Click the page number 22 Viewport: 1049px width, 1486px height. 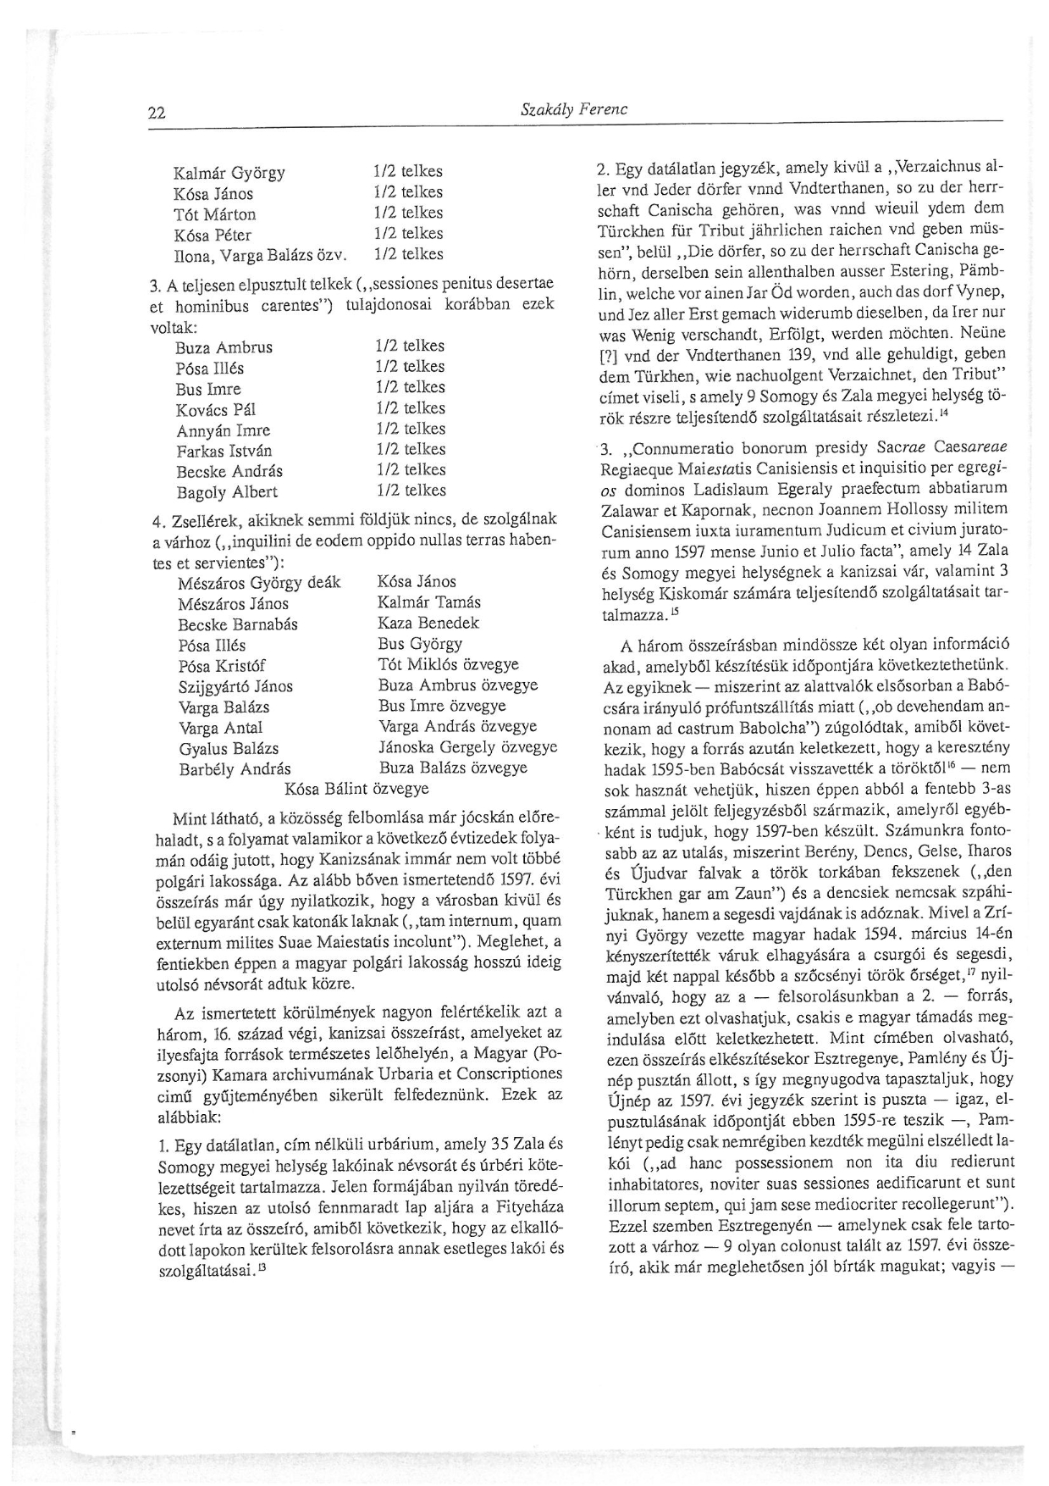(156, 113)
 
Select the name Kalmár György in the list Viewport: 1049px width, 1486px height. (229, 174)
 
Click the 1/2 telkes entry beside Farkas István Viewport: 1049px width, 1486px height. (411, 449)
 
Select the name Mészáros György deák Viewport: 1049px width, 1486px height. (259, 583)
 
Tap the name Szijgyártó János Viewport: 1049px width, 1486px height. (235, 686)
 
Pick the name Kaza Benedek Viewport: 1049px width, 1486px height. (428, 623)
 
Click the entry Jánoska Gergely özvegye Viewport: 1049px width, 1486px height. (467, 747)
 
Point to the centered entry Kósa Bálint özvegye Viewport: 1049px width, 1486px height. (356, 789)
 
